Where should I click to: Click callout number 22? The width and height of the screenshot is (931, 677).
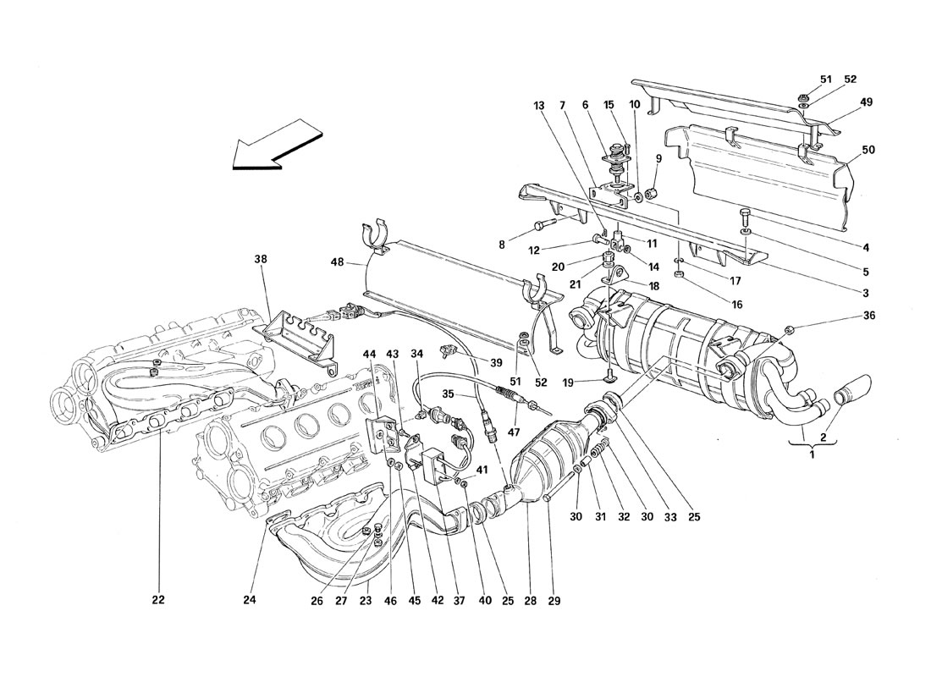pyautogui.click(x=158, y=601)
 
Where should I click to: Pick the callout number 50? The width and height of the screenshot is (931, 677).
pyautogui.click(x=868, y=150)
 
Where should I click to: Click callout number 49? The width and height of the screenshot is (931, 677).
pyautogui.click(x=867, y=102)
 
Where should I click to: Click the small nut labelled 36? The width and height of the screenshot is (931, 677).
pyautogui.click(x=789, y=328)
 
